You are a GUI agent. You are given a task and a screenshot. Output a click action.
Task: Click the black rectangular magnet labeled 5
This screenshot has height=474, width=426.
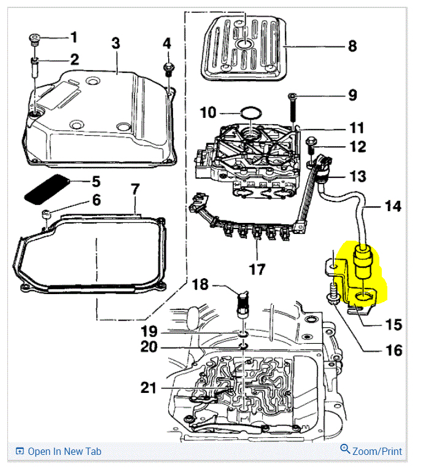(x=47, y=188)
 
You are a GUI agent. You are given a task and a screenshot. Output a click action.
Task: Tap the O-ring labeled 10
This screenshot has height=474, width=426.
(x=250, y=114)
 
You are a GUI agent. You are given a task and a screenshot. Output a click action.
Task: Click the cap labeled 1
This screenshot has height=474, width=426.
(x=33, y=41)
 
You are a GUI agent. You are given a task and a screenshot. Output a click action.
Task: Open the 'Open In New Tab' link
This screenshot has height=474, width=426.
(x=64, y=451)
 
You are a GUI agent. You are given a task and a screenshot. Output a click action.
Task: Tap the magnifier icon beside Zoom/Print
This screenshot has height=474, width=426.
(x=345, y=449)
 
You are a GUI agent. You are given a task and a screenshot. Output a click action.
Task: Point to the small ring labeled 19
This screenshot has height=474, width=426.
(x=243, y=335)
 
